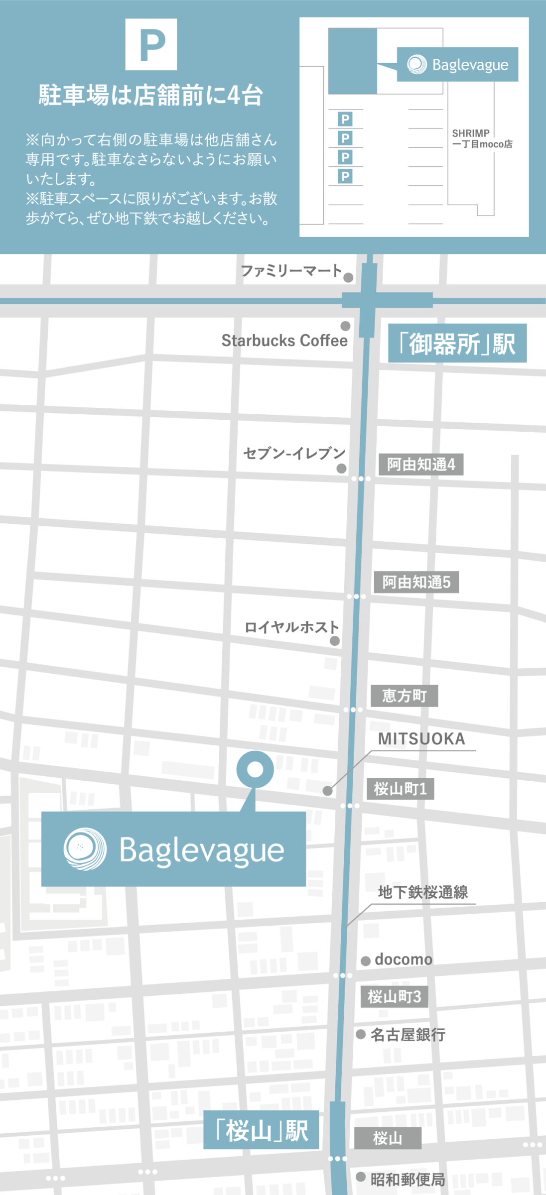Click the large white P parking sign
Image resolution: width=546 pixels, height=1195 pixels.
coord(151,44)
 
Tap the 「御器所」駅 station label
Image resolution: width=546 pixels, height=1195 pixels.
coord(457,344)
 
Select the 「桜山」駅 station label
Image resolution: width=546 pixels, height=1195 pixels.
coord(261,1130)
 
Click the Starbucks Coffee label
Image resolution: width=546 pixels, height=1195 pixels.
coord(284,341)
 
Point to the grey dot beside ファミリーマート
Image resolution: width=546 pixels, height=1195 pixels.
coord(349,277)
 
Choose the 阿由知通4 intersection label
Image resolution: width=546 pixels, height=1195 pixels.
coord(421,464)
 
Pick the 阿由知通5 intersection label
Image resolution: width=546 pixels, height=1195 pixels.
coord(416,582)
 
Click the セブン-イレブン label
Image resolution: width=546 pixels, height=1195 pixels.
coord(294,453)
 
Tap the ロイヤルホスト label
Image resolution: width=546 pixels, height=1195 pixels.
coord(291,627)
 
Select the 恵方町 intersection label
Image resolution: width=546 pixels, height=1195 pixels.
coord(404,696)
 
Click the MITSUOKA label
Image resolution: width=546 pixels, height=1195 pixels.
coord(421,739)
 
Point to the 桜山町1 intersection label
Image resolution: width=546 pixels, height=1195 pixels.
coord(400,789)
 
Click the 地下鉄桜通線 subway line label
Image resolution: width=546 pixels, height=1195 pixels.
coord(423,892)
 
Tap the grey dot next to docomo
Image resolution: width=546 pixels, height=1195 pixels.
coord(366,961)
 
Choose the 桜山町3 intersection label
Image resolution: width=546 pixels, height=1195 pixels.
coord(394,996)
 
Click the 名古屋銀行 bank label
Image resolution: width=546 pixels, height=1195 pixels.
coord(408,1035)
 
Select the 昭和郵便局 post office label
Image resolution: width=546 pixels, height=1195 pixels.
coord(408,1180)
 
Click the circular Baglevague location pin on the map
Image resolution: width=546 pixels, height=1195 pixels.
coord(255,769)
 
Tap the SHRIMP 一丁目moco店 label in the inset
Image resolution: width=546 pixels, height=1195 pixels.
coord(482,139)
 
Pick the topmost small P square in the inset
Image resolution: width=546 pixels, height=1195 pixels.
coord(345,119)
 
